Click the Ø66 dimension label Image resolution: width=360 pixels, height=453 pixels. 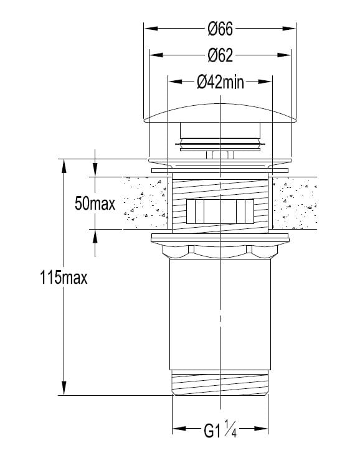pyautogui.click(x=220, y=29)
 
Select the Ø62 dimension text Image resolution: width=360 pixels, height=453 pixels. pyautogui.click(x=220, y=55)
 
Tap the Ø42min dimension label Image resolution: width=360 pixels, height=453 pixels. pyautogui.click(x=220, y=82)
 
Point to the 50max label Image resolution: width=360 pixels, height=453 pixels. pyautogui.click(x=95, y=203)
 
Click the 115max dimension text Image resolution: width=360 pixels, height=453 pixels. pyautogui.click(x=64, y=278)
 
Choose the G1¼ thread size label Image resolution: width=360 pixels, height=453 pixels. pyautogui.click(x=220, y=429)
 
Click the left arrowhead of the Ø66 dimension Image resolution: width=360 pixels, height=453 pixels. pyautogui.click(x=151, y=29)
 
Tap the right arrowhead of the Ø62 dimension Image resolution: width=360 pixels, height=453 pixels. pyautogui.click(x=283, y=55)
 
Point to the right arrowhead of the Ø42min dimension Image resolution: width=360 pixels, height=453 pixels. pyautogui.click(x=265, y=82)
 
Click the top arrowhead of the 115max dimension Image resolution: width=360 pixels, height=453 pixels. pyautogui.click(x=64, y=166)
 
